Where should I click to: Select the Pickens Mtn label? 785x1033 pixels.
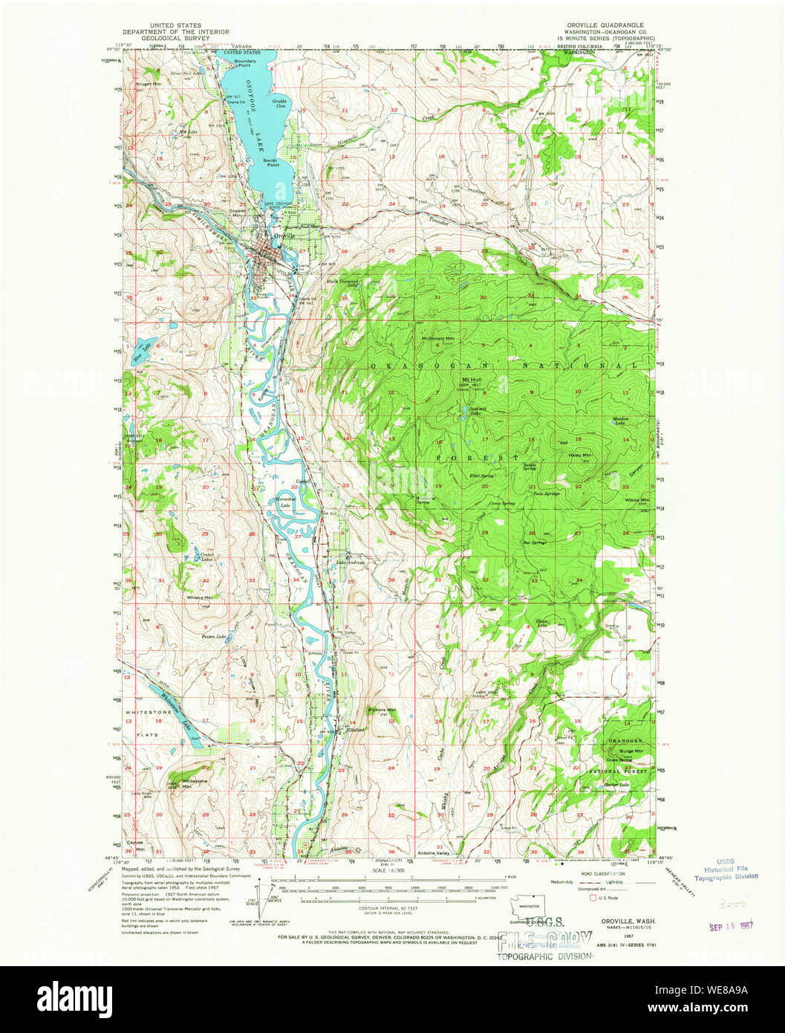coord(382,710)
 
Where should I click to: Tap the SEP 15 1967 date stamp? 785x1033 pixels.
coord(731,927)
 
